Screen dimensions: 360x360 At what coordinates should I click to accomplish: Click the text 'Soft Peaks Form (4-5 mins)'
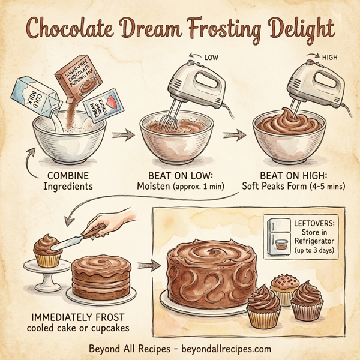coord(300,187)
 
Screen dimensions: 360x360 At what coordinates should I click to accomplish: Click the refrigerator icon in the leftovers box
coord(280,236)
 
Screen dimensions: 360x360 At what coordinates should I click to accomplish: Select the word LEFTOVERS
coord(316,223)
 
